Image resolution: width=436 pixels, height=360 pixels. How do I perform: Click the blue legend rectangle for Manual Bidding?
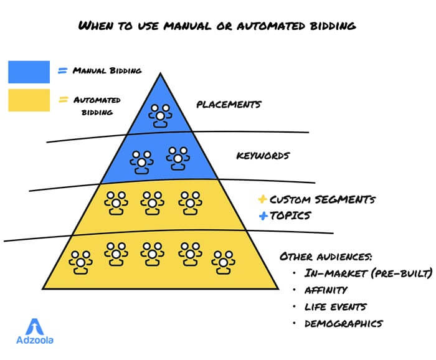point(29,72)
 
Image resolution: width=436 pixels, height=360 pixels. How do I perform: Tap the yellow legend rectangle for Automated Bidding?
point(29,100)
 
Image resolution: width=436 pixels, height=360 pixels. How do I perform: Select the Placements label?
point(228,105)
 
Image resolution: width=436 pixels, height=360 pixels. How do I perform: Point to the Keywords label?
point(262,156)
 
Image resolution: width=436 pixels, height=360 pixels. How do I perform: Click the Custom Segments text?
point(322,200)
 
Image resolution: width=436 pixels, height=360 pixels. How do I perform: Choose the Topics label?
point(290,216)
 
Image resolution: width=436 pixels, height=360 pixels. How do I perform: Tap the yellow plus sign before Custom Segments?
point(262,200)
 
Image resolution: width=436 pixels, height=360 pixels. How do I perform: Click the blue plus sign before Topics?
point(262,216)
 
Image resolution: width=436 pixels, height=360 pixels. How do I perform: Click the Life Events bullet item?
point(335,306)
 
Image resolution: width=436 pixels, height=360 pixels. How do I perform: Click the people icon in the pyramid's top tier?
point(162,115)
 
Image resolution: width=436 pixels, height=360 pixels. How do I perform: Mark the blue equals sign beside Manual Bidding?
point(62,70)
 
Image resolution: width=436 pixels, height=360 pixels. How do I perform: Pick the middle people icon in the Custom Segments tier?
point(151,202)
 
